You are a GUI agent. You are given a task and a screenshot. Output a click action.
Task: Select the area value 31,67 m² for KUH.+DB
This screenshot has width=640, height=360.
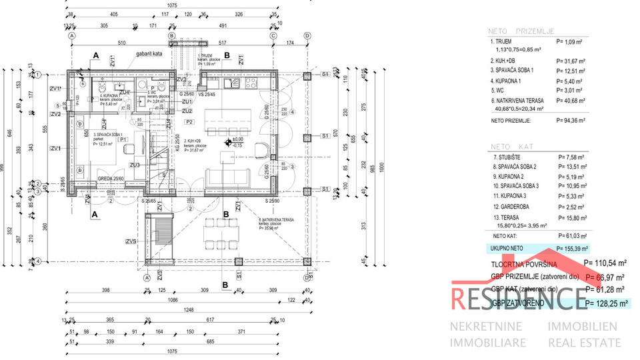[x=570, y=60]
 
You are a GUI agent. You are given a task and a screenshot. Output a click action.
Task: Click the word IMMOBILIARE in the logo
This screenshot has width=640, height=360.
[x=489, y=342]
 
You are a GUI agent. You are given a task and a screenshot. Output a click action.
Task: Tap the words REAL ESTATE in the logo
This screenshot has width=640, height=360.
[x=584, y=342]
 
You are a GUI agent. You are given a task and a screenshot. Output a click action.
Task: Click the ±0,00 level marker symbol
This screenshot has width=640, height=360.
[x=228, y=141]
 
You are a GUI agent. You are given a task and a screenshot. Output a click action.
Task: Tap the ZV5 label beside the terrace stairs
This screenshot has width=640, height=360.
[x=131, y=241]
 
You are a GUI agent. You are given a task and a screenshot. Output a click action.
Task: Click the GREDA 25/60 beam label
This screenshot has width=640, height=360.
[x=112, y=178]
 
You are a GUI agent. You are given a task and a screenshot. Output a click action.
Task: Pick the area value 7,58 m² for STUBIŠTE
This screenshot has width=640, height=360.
[x=570, y=157]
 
